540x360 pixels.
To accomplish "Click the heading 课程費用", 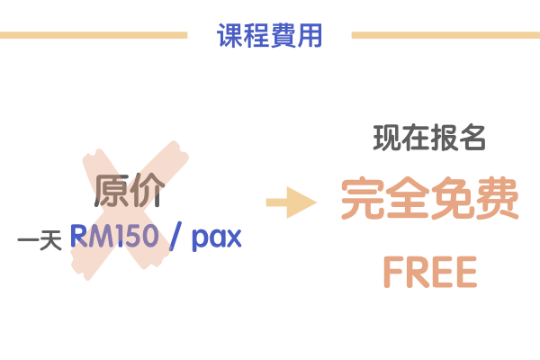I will tap(270, 36).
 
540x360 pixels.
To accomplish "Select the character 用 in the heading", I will tap(310, 36).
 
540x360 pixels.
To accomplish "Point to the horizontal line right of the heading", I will tap(445, 36).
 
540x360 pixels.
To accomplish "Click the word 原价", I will tap(130, 191).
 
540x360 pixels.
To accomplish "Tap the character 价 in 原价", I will tap(148, 191).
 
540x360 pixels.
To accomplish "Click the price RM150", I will tap(114, 237).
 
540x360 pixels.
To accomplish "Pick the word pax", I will tap(217, 238).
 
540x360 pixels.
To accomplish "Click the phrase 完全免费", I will tap(430, 200).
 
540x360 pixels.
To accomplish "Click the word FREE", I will tap(429, 272).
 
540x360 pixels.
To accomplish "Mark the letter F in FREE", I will tap(393, 272).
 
